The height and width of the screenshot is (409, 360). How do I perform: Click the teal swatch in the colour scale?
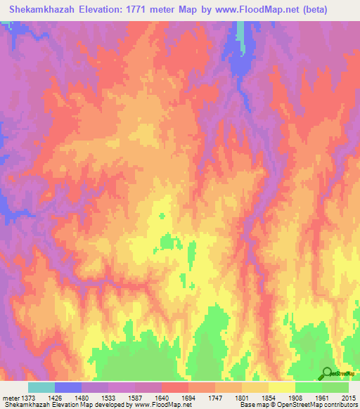pyautogui.click(x=41, y=387)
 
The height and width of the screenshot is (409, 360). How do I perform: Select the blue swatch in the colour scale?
pyautogui.click(x=67, y=387)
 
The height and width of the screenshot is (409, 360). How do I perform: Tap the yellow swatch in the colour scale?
pyautogui.click(x=281, y=387)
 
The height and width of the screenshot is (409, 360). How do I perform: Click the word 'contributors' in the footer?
pyautogui.click(x=338, y=405)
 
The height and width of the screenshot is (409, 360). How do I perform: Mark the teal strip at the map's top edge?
pyautogui.click(x=240, y=32)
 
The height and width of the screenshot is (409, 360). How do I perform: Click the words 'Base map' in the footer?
pyautogui.click(x=252, y=405)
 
